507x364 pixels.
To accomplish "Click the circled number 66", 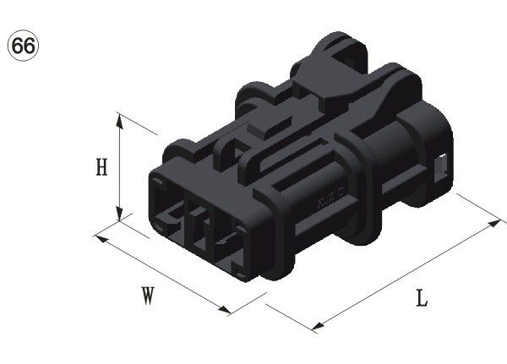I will click(x=23, y=44).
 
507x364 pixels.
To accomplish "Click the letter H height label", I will click(x=101, y=167).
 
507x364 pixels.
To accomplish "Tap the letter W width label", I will click(x=148, y=295).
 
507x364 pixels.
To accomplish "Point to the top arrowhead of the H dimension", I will click(x=121, y=119).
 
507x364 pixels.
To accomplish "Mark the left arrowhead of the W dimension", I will click(x=98, y=236).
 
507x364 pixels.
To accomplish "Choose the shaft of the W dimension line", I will click(x=162, y=274).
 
